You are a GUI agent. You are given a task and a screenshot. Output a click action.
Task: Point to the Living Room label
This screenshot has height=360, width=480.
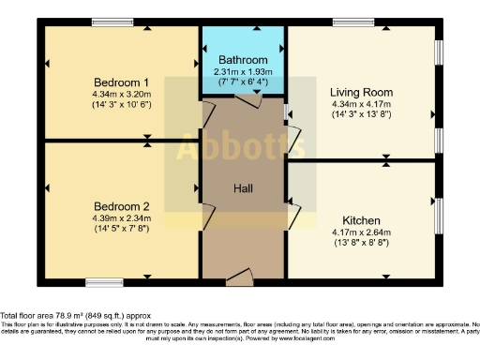point(361,92)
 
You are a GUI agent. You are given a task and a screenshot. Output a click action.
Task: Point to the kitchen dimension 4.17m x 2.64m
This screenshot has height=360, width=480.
point(359,232)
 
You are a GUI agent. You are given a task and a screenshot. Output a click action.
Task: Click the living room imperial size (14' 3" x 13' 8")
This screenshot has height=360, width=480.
point(361,115)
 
